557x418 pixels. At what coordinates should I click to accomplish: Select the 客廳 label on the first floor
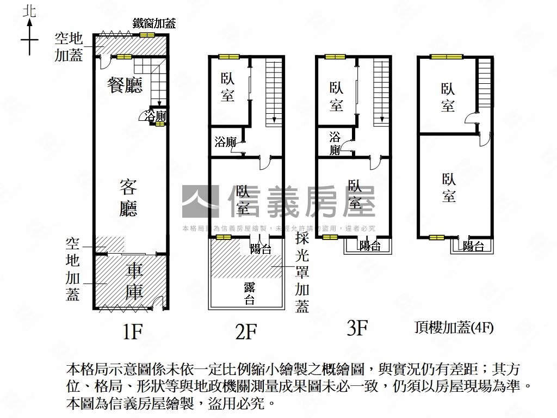[x=128, y=198]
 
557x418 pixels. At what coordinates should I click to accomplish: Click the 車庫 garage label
[x=134, y=281]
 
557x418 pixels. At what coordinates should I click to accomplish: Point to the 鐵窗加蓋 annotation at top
[x=154, y=23]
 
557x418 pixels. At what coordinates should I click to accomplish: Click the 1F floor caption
[x=132, y=331]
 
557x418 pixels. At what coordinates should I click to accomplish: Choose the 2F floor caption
[x=246, y=331]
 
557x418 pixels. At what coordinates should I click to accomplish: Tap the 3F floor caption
[x=357, y=328]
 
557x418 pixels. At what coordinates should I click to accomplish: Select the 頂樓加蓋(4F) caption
[x=454, y=328]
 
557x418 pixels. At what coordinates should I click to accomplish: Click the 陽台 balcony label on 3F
[x=370, y=247]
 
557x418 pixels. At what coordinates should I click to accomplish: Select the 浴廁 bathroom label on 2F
[x=225, y=143]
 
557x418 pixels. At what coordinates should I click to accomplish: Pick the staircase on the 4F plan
[x=484, y=84]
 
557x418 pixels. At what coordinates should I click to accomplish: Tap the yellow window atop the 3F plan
[x=335, y=56]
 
